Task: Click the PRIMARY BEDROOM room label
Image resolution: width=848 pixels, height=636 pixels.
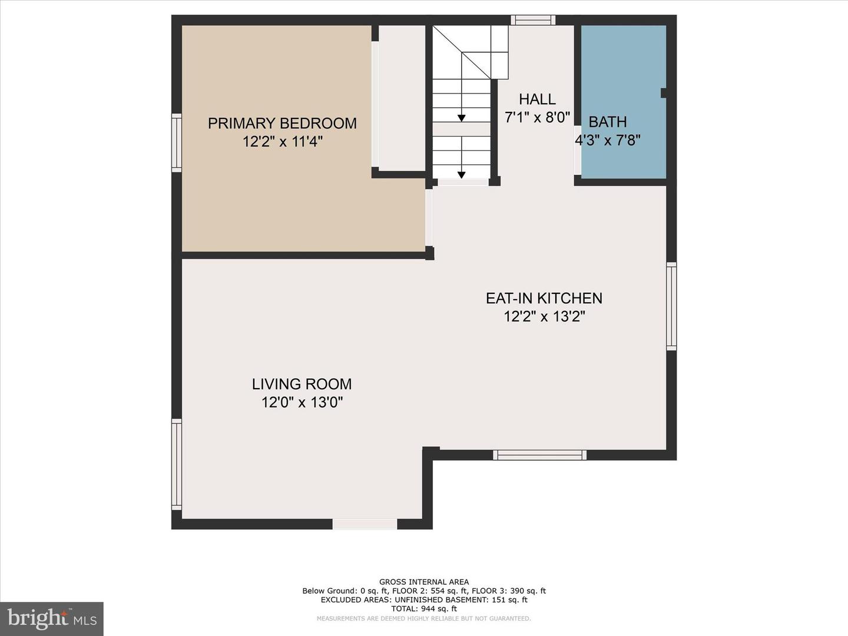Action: click(282, 123)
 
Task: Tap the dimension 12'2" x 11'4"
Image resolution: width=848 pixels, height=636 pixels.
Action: click(282, 142)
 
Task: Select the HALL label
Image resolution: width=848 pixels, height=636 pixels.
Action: click(537, 99)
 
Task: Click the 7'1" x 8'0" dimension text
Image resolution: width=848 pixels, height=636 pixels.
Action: click(537, 117)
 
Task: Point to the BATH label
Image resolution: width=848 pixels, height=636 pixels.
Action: click(608, 122)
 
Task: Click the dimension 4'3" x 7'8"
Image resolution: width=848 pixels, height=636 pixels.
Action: click(608, 140)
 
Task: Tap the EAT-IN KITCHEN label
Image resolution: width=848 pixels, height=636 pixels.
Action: click(544, 298)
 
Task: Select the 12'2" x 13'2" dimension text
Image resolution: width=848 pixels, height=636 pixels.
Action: click(544, 317)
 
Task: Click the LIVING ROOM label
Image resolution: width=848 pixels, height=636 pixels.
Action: click(302, 384)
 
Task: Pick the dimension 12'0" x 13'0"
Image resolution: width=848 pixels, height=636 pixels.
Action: click(302, 403)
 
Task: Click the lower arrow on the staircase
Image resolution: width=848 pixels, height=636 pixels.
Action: click(462, 174)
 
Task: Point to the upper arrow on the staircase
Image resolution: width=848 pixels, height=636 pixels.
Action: click(462, 118)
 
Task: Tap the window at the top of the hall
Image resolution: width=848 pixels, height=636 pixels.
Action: click(533, 20)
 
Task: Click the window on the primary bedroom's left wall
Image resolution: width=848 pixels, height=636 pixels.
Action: click(177, 143)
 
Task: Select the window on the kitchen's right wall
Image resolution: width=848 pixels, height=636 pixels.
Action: click(671, 306)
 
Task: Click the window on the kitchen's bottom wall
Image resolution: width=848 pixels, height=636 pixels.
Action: click(539, 455)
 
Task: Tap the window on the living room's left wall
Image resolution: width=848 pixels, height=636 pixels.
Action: click(177, 463)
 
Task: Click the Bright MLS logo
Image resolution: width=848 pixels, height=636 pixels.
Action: click(52, 618)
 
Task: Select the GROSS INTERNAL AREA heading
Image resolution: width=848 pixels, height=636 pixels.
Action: click(424, 582)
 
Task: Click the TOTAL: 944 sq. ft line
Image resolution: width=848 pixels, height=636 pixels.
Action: click(424, 609)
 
